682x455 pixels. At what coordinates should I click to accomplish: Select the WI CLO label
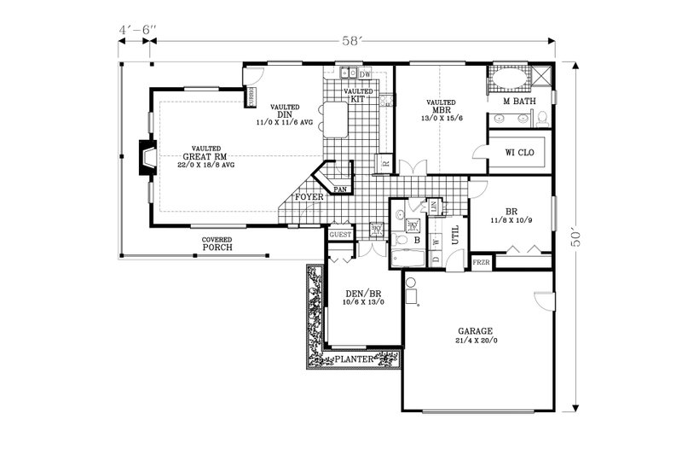[x=519, y=154]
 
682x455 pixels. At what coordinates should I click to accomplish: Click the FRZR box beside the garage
[x=482, y=263]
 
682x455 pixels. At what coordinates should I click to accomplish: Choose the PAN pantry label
[x=340, y=189]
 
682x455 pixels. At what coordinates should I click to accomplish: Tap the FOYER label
[x=309, y=197]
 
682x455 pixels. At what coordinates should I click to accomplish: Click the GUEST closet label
[x=341, y=234]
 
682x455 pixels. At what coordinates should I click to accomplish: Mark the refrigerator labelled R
[x=385, y=163]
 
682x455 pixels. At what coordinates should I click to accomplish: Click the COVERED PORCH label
[x=217, y=244]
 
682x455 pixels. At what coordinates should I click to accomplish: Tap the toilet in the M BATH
[x=541, y=118]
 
